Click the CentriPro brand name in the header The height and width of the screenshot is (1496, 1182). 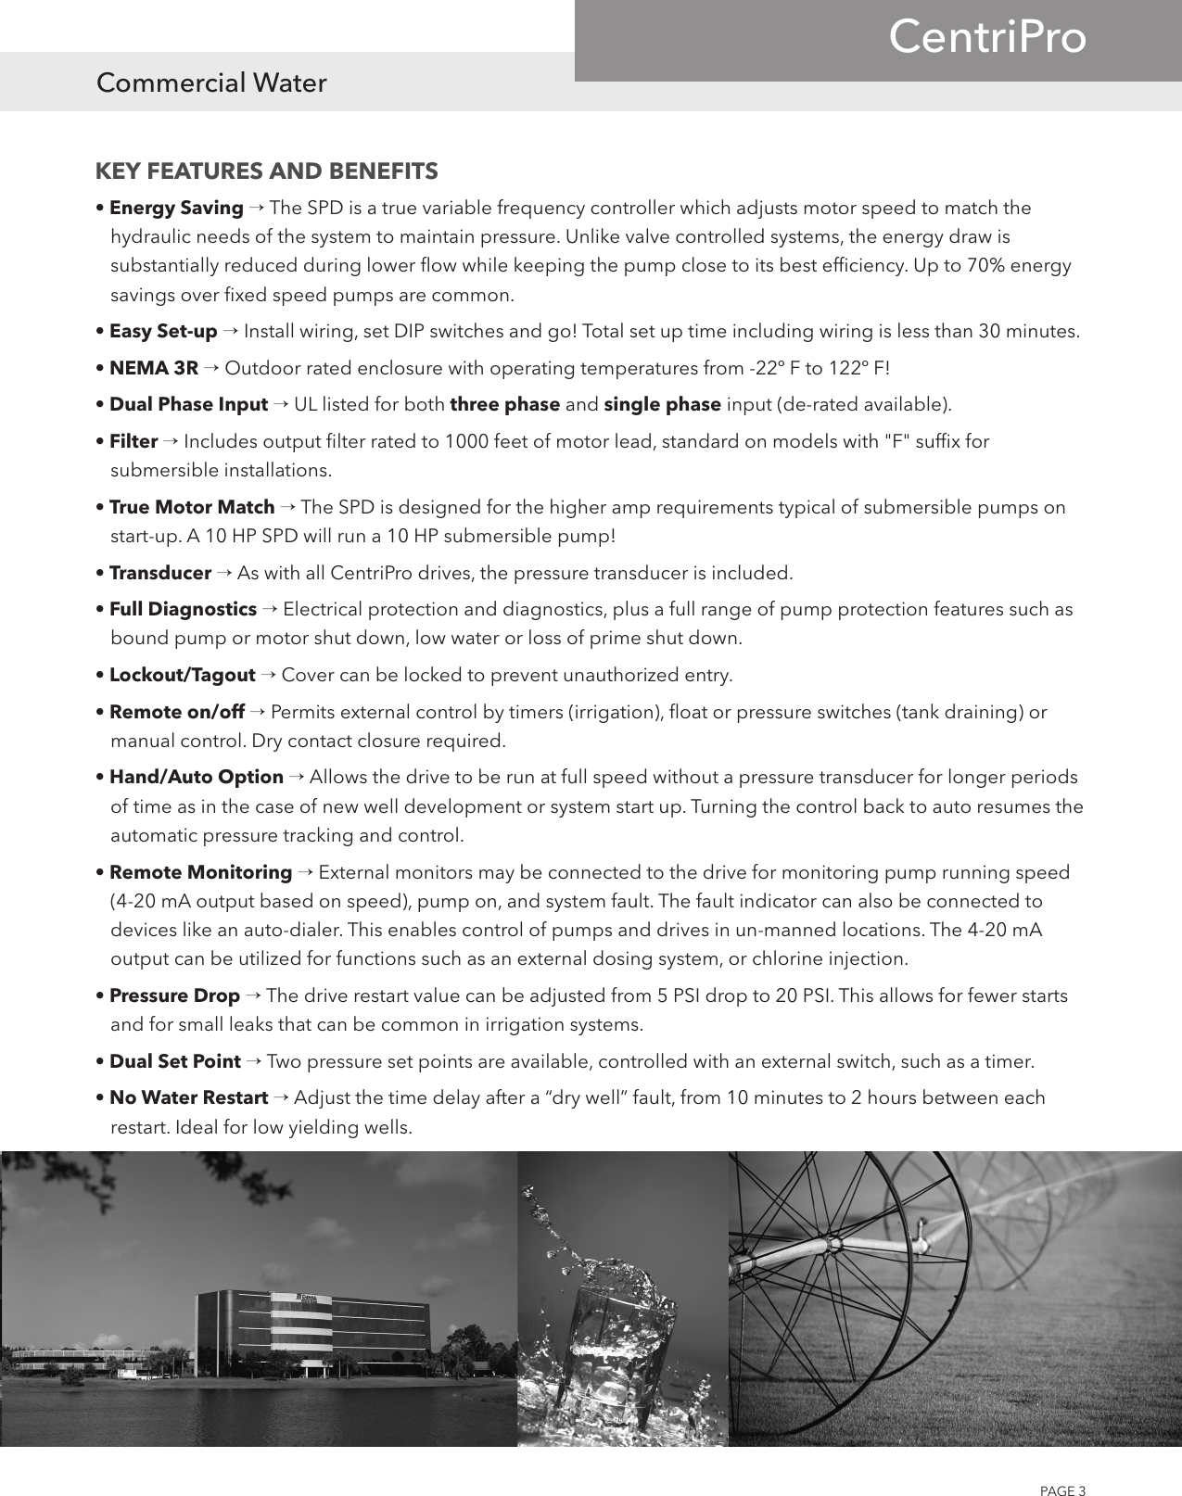click(986, 39)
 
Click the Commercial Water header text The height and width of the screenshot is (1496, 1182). click(211, 83)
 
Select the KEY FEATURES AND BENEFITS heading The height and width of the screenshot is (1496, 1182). click(267, 171)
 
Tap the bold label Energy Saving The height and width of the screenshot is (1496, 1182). click(176, 208)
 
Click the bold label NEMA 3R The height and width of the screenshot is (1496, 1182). click(154, 369)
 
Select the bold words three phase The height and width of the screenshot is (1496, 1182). click(504, 405)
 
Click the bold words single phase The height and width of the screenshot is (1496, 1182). click(662, 405)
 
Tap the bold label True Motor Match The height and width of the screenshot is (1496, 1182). click(192, 508)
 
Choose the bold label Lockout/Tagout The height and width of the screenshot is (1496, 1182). click(182, 676)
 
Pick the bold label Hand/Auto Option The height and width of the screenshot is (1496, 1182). click(197, 778)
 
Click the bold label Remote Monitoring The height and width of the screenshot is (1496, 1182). click(200, 873)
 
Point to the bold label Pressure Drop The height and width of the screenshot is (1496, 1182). click(174, 996)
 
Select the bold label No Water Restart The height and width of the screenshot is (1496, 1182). click(189, 1098)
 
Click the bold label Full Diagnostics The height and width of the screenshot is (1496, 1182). click(183, 610)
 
